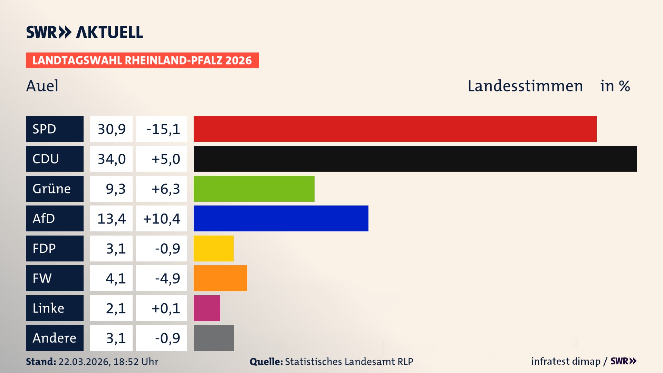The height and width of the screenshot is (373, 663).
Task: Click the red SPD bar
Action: pos(395,129)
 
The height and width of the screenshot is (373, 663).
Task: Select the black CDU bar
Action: pos(415,159)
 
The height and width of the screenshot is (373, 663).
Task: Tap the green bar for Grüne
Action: pos(254,189)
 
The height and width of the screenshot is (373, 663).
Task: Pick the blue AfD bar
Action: pos(281,218)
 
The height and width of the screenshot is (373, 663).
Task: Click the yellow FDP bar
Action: pos(213,248)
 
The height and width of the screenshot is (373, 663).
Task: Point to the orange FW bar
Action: pos(220,278)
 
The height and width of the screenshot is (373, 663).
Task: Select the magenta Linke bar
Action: pos(207,308)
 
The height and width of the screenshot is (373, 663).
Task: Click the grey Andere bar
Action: pos(213,338)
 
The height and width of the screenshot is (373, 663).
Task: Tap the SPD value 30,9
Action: pos(112,129)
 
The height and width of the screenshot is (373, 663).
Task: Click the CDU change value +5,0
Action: pos(165,159)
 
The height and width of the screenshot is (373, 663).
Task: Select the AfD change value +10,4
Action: pos(162,219)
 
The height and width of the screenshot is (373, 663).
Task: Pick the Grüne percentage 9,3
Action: pos(115,189)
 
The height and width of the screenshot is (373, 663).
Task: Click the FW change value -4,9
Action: pos(167,278)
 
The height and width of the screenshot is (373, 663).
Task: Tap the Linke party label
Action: pos(48,308)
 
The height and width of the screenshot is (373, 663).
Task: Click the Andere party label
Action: pos(54,338)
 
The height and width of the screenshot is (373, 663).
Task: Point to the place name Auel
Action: pos(42,86)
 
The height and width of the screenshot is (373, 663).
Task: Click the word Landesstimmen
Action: pos(525,86)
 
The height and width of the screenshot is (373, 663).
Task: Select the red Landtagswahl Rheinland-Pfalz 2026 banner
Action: pos(142,60)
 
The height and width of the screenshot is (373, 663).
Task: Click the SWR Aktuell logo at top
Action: pos(84,32)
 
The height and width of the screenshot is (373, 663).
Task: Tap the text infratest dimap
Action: pos(565,361)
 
